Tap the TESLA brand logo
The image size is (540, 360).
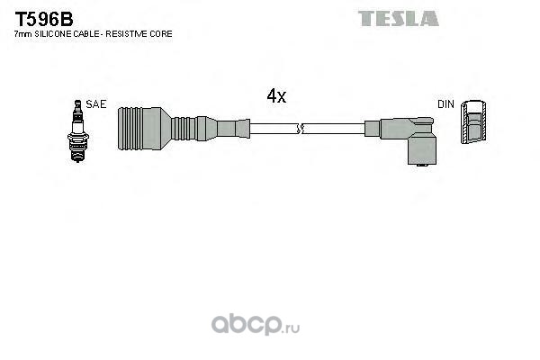[x=399, y=18]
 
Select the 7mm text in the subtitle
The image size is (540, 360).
[x=23, y=33]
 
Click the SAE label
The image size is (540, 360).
[x=97, y=104]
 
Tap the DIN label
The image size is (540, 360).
[x=445, y=104]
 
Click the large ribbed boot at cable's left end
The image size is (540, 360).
[x=141, y=129]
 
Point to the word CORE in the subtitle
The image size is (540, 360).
[x=162, y=33]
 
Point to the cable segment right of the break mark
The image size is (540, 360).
[x=333, y=129]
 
